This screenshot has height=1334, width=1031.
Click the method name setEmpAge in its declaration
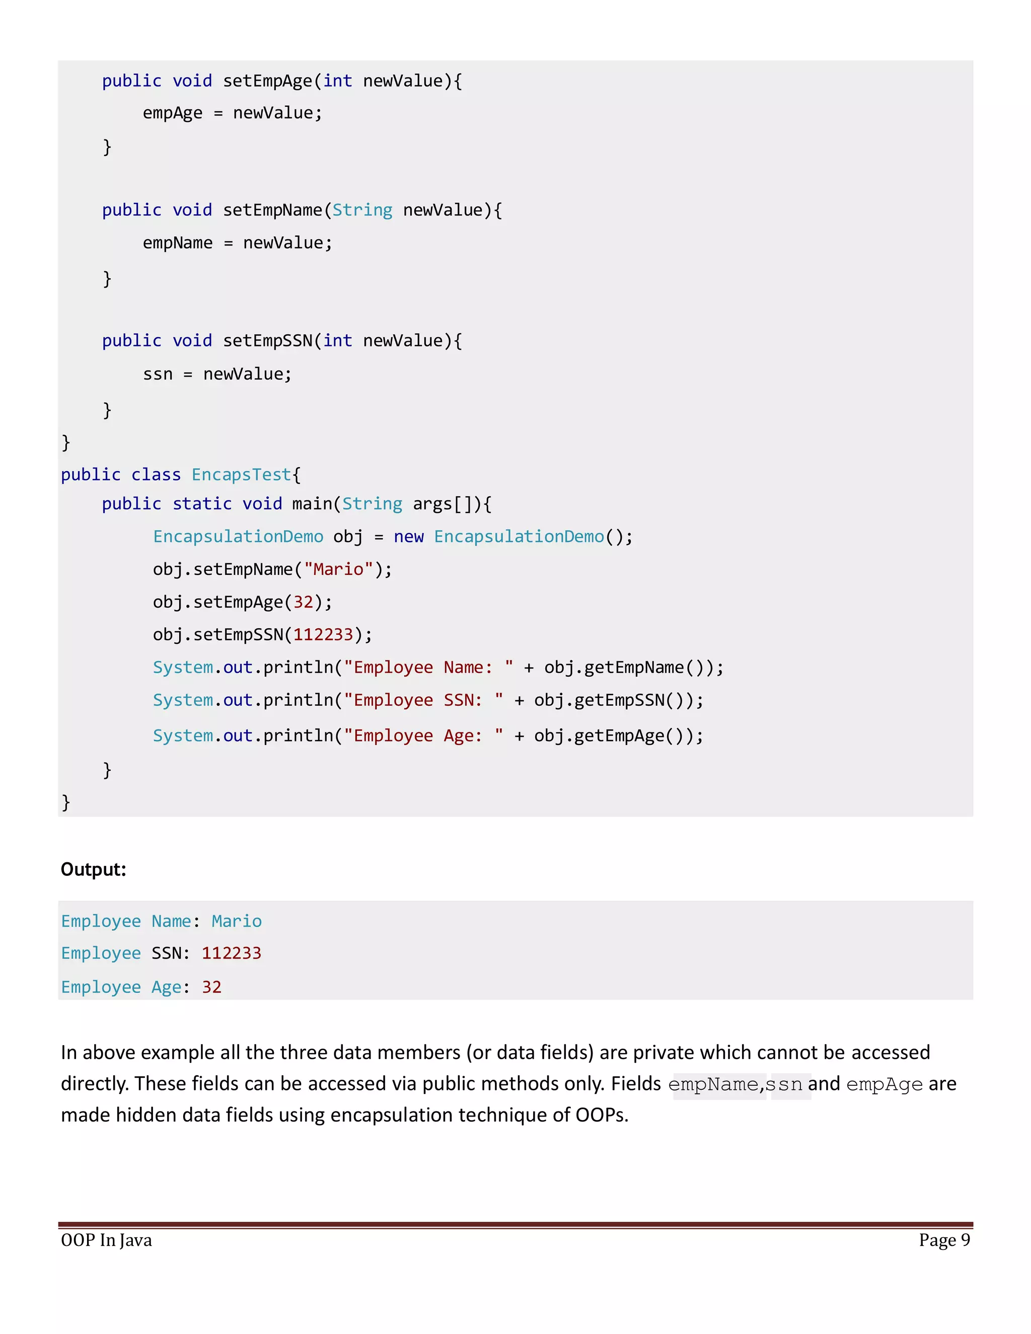[267, 81]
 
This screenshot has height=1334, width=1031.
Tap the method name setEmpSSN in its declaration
[267, 341]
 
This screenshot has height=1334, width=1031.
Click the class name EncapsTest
[241, 475]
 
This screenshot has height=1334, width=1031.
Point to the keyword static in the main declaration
[202, 504]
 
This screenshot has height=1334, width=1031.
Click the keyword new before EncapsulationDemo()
[409, 537]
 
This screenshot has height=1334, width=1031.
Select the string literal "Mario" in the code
[338, 569]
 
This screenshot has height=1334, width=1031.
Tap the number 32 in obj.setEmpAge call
[304, 602]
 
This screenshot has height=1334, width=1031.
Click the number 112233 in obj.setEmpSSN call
[323, 635]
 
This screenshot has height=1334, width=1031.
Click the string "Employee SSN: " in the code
[423, 700]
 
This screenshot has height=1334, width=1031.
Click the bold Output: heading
[94, 869]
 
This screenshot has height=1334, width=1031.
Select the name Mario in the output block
[237, 921]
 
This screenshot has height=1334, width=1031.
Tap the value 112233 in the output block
[232, 953]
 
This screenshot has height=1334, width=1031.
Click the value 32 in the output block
[211, 987]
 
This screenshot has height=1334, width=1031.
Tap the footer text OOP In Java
[106, 1240]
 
